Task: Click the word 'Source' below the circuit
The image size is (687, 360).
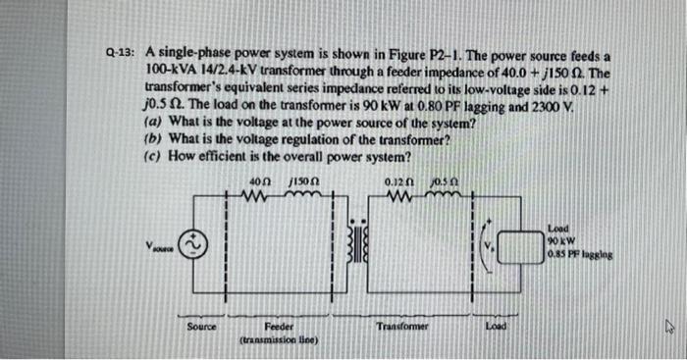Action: coord(203,325)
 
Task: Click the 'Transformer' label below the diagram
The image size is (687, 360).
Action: coord(402,325)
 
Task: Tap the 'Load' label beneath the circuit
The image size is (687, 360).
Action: coord(497,325)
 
